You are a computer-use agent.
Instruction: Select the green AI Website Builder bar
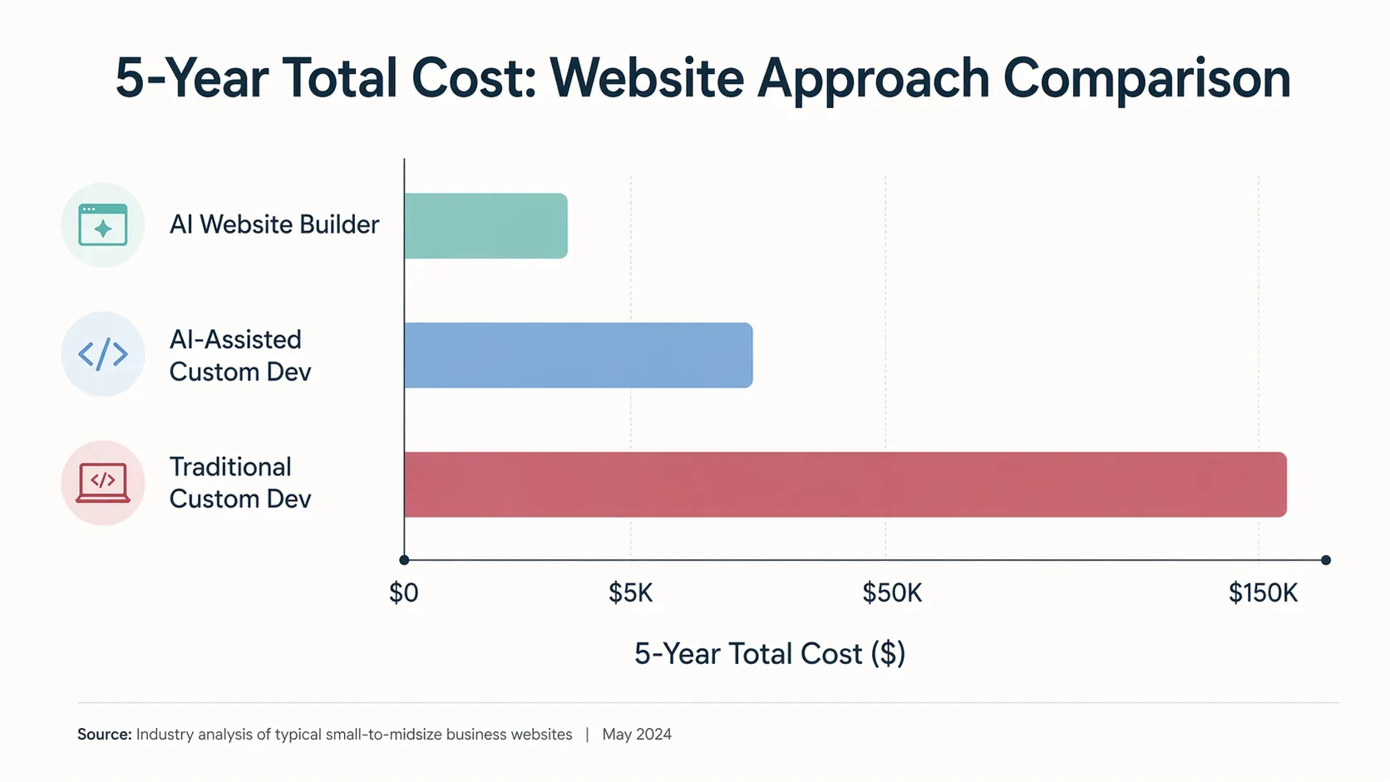click(486, 225)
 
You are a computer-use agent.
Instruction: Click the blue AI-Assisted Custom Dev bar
click(578, 355)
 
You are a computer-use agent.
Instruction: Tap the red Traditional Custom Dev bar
click(845, 484)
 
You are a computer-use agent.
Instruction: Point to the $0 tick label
click(404, 593)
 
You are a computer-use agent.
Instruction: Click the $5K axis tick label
click(630, 593)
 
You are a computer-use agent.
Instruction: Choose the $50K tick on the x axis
click(892, 593)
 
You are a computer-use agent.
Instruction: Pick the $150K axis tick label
click(1263, 593)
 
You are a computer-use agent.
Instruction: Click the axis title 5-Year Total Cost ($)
click(769, 654)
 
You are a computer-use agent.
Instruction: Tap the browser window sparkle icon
click(103, 225)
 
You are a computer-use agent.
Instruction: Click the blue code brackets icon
click(103, 354)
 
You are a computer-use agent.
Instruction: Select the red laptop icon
click(103, 483)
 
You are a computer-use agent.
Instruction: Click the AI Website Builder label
click(274, 224)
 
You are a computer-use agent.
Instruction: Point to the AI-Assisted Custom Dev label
click(240, 356)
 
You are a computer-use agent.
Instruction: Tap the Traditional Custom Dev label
click(240, 483)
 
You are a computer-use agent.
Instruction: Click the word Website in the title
click(647, 79)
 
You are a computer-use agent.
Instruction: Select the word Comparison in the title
click(1146, 79)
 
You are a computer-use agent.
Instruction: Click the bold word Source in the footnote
click(104, 735)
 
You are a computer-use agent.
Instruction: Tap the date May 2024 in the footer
click(637, 735)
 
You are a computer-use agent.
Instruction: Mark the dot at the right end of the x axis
click(1326, 560)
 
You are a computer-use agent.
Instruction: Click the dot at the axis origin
click(404, 560)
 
